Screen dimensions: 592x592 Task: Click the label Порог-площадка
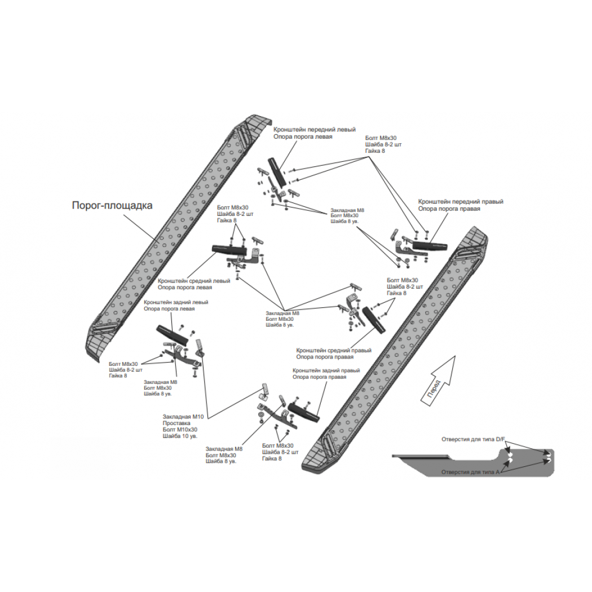pos(112,206)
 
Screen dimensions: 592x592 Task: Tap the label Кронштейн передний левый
pos(315,130)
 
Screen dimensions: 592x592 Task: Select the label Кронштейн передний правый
pos(461,202)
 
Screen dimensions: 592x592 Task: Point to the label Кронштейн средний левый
pos(194,281)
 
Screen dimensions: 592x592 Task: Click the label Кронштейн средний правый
pos(334,350)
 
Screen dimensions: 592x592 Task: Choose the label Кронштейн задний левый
pos(176,302)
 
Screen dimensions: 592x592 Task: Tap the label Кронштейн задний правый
pos(326,371)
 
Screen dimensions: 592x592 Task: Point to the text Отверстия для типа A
pos(470,472)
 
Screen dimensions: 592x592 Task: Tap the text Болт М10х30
pos(180,430)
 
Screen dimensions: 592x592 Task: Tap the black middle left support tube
pos(230,249)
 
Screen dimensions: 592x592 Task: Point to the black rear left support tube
pos(172,335)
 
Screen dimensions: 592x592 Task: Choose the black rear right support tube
pos(304,412)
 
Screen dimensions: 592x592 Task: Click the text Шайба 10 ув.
pos(180,436)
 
